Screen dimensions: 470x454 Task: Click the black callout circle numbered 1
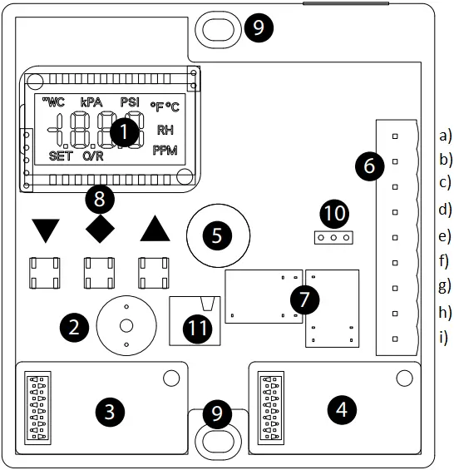click(125, 132)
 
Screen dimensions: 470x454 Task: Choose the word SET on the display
click(61, 156)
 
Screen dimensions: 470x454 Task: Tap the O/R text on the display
click(93, 156)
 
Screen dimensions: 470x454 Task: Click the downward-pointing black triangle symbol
click(46, 229)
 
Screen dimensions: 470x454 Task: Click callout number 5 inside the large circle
click(217, 235)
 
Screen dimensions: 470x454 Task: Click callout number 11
click(197, 328)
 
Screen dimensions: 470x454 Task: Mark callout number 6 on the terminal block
click(369, 166)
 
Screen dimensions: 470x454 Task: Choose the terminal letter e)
click(445, 235)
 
